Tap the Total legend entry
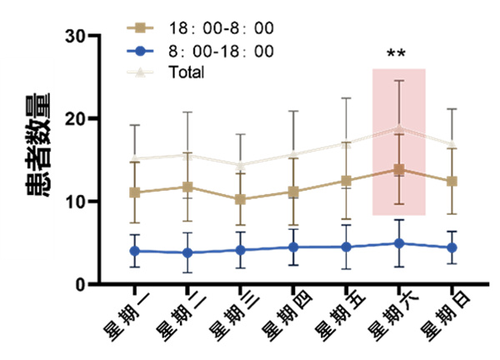pos(186,72)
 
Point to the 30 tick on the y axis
pos(77,36)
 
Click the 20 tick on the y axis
pos(77,118)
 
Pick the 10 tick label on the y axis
pos(77,201)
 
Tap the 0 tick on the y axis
pos(82,284)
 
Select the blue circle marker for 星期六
pos(399,243)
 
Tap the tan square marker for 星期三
pos(241,200)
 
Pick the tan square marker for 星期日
pos(452,182)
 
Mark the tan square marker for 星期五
pos(346,180)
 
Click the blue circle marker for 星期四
pos(293,247)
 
